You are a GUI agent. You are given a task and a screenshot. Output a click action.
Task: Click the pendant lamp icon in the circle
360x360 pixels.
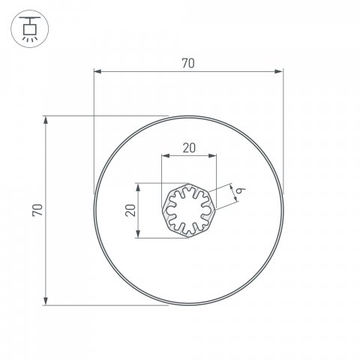(28, 28)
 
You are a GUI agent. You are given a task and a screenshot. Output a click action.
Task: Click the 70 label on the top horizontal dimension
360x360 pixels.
(187, 64)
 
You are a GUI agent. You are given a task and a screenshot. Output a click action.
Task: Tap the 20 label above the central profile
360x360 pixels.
(189, 148)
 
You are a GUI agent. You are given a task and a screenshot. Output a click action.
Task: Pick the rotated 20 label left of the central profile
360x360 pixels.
(130, 211)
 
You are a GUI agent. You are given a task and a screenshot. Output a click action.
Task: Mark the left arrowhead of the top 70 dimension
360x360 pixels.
(97, 72)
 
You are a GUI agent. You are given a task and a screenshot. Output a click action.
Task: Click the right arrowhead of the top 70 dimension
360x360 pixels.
(279, 72)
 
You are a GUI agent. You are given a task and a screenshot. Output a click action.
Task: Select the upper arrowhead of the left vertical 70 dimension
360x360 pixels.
(46, 120)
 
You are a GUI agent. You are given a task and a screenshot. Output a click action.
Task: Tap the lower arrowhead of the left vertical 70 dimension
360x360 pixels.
(46, 301)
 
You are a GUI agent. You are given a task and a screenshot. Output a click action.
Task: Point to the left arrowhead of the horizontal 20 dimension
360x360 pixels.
(166, 156)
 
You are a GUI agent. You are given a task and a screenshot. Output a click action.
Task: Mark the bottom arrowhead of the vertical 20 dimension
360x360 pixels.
(138, 235)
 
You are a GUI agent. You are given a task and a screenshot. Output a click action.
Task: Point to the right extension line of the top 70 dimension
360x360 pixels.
(283, 127)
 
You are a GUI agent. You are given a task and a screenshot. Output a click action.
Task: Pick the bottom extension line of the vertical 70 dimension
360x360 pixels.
(105, 304)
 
